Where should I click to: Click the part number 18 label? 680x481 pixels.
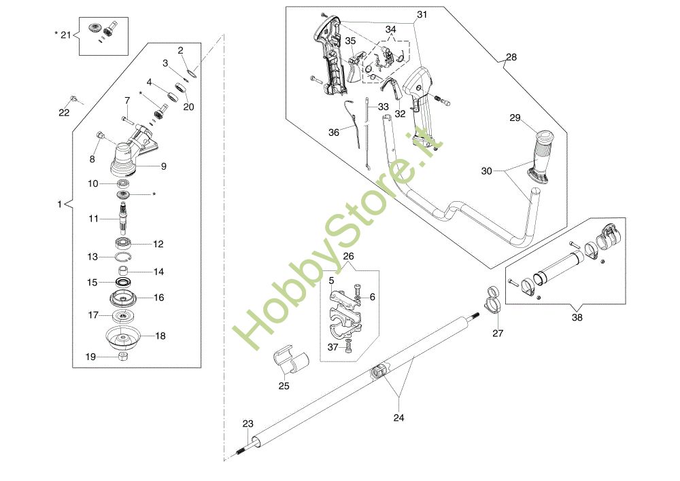point(160,336)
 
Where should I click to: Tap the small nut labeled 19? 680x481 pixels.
point(124,357)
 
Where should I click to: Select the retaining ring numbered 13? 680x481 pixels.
point(122,256)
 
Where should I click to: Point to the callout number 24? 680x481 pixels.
point(399,418)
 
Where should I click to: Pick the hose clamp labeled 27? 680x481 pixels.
point(493,302)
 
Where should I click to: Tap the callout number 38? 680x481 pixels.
point(577,317)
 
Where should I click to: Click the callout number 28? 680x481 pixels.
point(511,58)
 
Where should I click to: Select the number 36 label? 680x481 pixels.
point(333,132)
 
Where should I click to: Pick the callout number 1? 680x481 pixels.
point(60,204)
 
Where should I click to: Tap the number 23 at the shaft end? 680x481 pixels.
point(248,424)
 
